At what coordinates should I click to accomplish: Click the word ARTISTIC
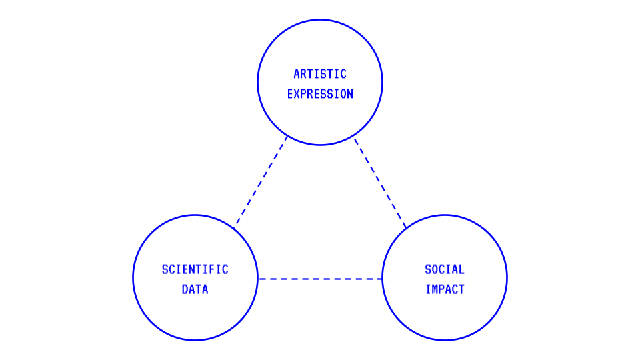[320, 74]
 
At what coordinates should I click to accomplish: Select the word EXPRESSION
[320, 94]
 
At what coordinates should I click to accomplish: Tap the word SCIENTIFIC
[195, 269]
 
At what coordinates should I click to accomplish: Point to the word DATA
[195, 289]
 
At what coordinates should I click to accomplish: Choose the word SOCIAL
[445, 269]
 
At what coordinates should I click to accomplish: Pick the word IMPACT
[445, 289]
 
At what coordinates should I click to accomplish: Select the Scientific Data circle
[195, 313]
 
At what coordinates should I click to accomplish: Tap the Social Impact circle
[445, 313]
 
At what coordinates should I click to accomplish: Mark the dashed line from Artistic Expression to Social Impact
[380, 183]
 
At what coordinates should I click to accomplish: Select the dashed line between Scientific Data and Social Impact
[320, 279]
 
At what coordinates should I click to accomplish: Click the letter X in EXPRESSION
[297, 94]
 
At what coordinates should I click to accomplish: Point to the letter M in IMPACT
[435, 289]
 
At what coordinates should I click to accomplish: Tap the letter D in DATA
[185, 289]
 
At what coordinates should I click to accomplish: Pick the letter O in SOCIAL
[435, 269]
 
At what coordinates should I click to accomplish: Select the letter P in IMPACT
[442, 289]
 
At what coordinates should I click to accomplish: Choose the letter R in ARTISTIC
[303, 74]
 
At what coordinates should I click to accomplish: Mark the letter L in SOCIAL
[461, 269]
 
